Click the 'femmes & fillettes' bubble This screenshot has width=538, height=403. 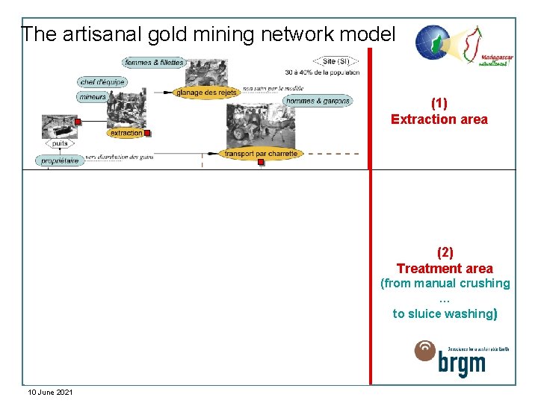[154, 63]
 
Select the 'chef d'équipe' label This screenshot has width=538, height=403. [102, 82]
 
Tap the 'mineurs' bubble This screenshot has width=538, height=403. [92, 97]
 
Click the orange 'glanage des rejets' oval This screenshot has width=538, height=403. [206, 93]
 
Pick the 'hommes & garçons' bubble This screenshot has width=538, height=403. [318, 101]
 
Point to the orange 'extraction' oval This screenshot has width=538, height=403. [126, 133]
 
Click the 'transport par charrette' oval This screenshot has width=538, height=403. [261, 153]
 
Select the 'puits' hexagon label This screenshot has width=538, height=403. [61, 143]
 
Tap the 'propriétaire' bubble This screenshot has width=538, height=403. [60, 160]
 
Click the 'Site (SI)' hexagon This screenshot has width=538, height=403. [336, 61]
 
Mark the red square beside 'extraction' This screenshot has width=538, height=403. [148, 134]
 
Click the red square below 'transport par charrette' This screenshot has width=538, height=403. [261, 161]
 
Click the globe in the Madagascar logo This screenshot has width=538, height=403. [433, 43]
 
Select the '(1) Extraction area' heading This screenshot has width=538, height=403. [439, 111]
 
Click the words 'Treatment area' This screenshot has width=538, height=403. [445, 269]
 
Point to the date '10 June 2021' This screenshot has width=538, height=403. [50, 392]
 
